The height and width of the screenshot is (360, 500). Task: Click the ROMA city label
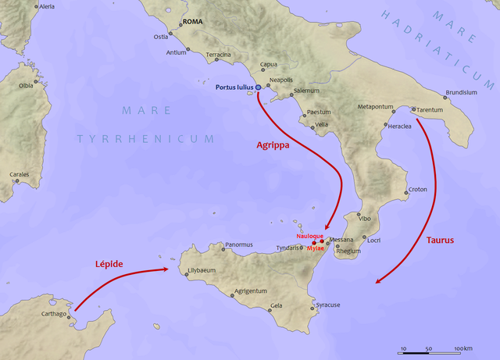[x=191, y=22]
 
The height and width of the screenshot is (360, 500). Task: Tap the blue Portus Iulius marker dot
[x=259, y=87]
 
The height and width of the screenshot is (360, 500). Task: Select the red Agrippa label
[x=274, y=145]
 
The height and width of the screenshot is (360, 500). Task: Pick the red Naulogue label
[x=309, y=235]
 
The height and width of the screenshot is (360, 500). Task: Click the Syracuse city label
[x=327, y=305]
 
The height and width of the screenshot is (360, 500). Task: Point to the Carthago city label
[x=54, y=314]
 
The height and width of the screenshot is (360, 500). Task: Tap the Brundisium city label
[x=461, y=92]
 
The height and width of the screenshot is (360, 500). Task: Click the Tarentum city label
[x=430, y=110]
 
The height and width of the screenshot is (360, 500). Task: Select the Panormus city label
[x=239, y=244]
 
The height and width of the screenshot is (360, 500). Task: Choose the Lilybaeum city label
[x=202, y=270]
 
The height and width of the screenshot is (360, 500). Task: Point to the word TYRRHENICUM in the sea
[x=145, y=138]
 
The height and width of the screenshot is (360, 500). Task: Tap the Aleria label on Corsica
[x=47, y=5]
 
